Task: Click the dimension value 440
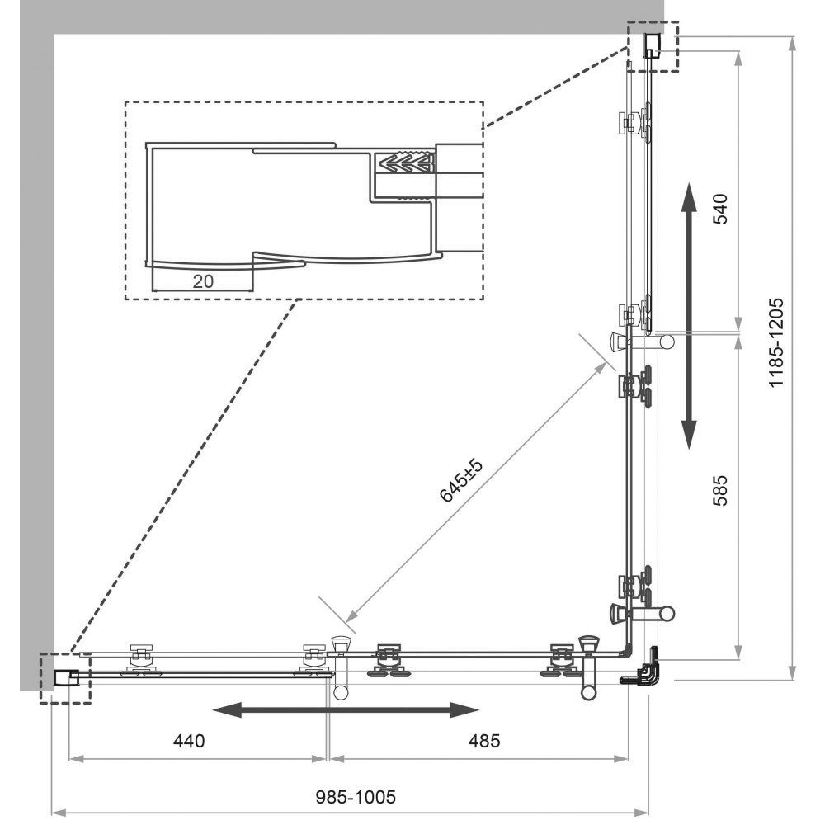tap(189, 741)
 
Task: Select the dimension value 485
tap(484, 741)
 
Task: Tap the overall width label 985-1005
tap(356, 797)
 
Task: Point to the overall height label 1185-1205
tap(776, 342)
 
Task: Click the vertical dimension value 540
tap(719, 209)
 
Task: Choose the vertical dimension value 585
tap(719, 490)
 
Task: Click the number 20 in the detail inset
tap(203, 281)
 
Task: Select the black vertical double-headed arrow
tap(689, 316)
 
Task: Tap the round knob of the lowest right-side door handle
tap(667, 613)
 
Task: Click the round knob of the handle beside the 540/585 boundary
tap(667, 342)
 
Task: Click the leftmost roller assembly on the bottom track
tap(142, 659)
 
